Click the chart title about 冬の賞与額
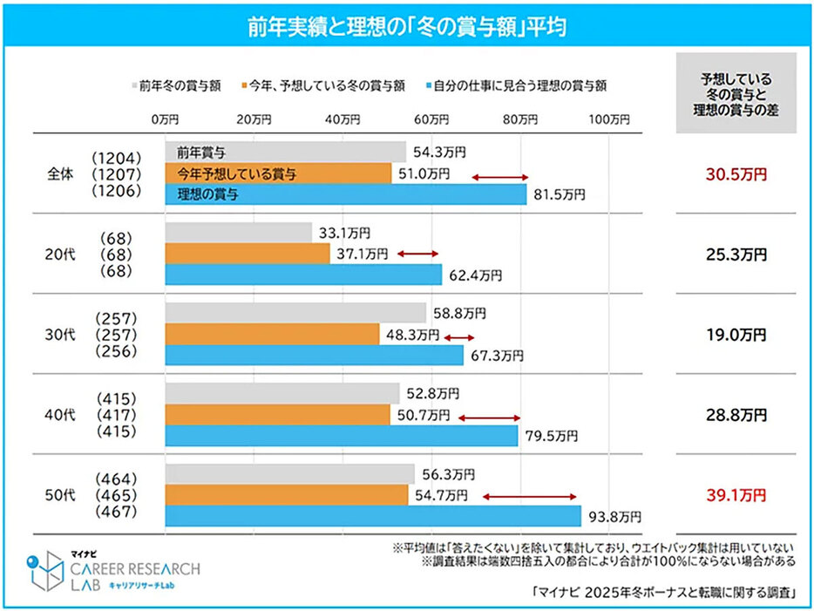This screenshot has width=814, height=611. (406, 26)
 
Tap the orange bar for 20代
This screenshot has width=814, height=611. (248, 254)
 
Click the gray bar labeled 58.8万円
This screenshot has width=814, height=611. (295, 313)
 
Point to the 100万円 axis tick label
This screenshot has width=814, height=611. (609, 119)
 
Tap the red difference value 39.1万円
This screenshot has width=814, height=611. (736, 495)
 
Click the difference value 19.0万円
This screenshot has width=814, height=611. (736, 335)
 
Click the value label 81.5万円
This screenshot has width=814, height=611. (559, 195)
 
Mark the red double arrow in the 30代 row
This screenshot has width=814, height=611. (459, 336)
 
